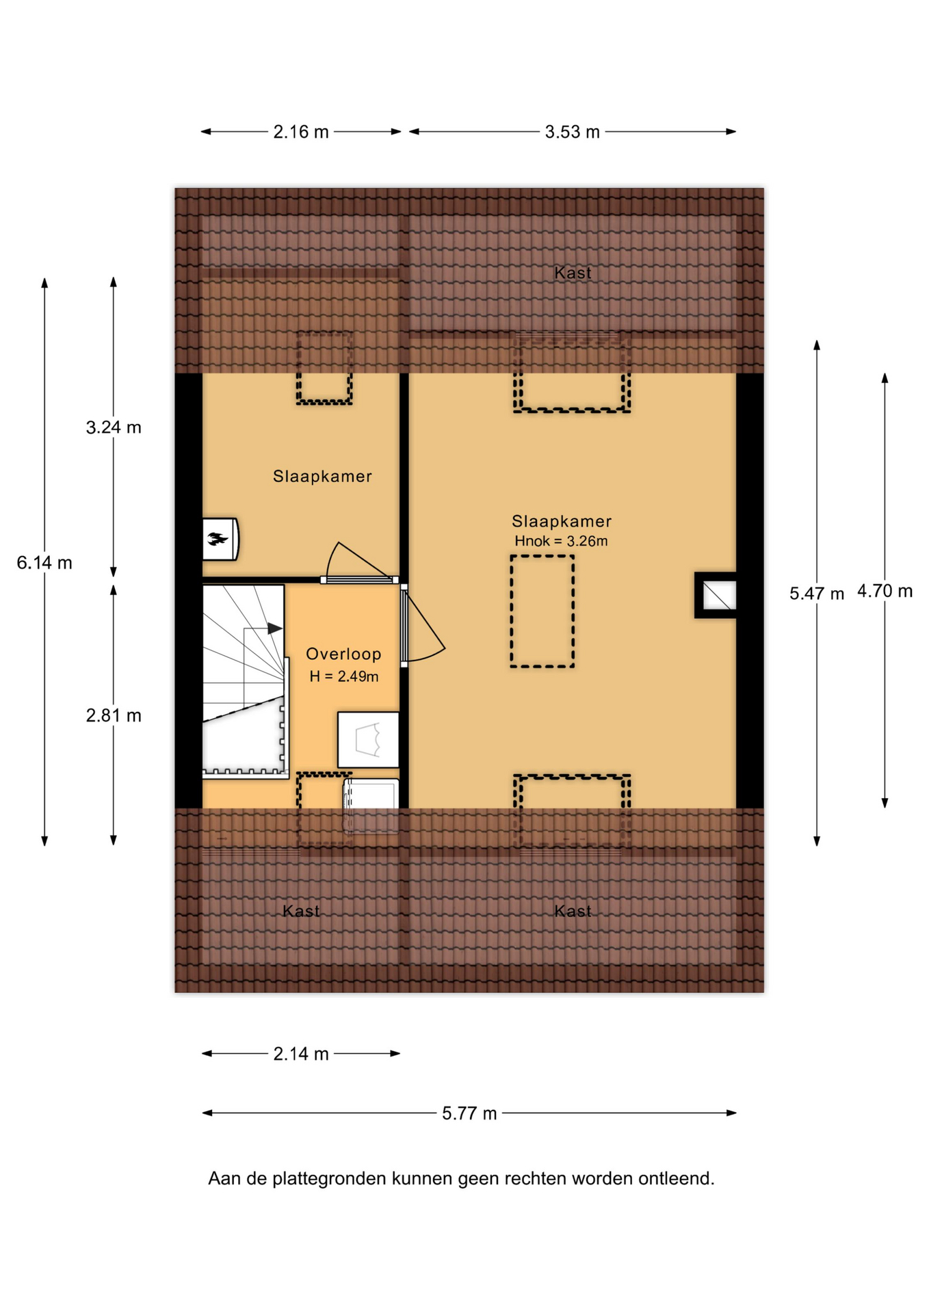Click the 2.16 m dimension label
301,132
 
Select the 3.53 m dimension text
572,132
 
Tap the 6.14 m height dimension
44,563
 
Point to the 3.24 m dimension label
114,427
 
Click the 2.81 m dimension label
114,715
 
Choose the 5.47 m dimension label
817,594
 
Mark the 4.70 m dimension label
885,591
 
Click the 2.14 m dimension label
301,1054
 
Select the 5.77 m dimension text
469,1113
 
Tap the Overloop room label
343,654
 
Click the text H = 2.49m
343,676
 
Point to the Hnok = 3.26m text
561,541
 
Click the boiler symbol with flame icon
220,539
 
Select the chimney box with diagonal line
716,595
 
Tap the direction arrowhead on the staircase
275,628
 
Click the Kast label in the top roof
573,273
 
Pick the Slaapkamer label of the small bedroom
322,476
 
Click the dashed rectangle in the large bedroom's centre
542,611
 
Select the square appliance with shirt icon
368,739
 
